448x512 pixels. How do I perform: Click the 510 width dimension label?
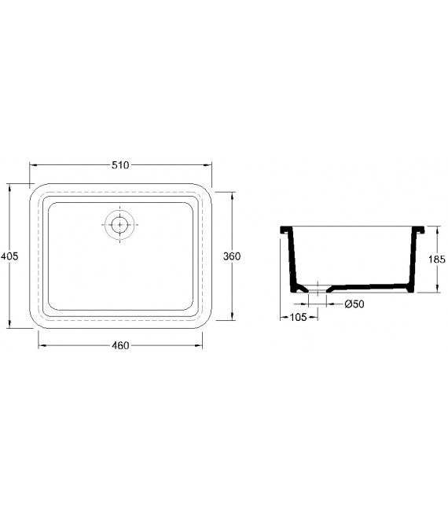[x=120, y=165]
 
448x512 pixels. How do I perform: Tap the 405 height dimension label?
[x=9, y=256]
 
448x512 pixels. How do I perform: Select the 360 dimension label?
[x=232, y=256]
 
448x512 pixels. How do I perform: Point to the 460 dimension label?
[x=120, y=345]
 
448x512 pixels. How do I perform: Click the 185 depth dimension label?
[x=437, y=260]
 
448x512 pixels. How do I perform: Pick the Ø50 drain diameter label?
[x=354, y=304]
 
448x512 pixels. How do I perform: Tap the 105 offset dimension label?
[x=298, y=317]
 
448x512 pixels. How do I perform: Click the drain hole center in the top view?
[x=119, y=225]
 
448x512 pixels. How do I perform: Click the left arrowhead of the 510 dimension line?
[x=34, y=165]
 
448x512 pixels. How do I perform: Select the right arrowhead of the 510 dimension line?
[x=207, y=165]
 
